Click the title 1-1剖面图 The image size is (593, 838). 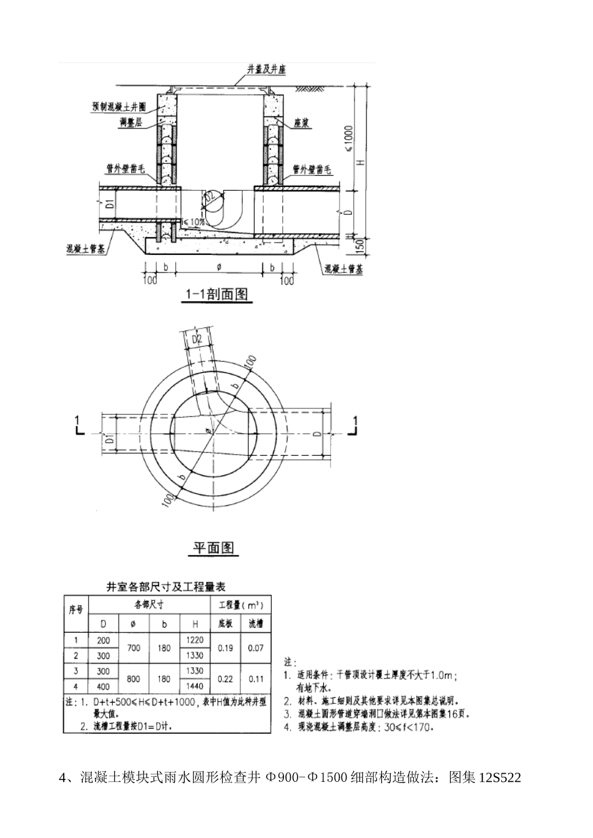click(x=217, y=294)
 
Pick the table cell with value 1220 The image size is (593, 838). click(x=194, y=640)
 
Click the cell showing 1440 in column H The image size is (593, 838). click(x=194, y=686)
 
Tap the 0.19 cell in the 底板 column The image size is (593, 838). click(x=225, y=648)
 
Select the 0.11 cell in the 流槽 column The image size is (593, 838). click(x=256, y=679)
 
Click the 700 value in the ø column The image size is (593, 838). click(x=134, y=648)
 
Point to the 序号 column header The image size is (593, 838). click(x=76, y=610)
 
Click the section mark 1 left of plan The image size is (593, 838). click(x=77, y=420)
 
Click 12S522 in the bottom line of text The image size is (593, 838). click(x=499, y=778)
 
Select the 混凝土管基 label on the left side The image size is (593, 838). click(x=86, y=248)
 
